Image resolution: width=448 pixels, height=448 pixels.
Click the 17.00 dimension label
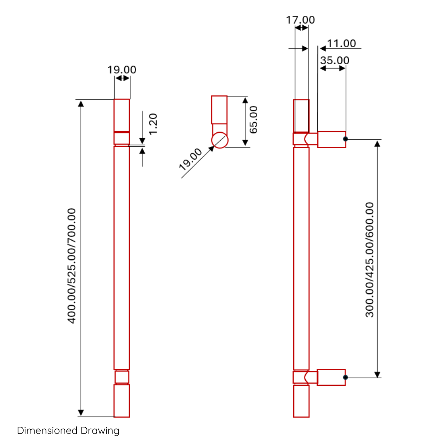click(x=300, y=20)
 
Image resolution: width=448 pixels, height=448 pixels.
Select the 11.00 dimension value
click(x=341, y=44)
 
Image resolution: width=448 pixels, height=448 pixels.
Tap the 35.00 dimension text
click(x=335, y=60)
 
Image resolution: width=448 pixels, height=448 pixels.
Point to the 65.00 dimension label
click(x=253, y=120)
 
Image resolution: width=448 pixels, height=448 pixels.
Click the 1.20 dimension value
click(x=153, y=124)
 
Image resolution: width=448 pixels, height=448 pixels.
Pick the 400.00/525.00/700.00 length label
click(x=71, y=266)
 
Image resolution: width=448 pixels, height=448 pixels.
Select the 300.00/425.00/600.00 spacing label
click(x=370, y=260)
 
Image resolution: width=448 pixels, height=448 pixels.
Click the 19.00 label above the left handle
click(x=122, y=70)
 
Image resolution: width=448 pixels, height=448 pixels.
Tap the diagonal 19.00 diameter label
click(x=190, y=159)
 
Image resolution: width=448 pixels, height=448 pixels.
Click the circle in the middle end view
click(x=220, y=132)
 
